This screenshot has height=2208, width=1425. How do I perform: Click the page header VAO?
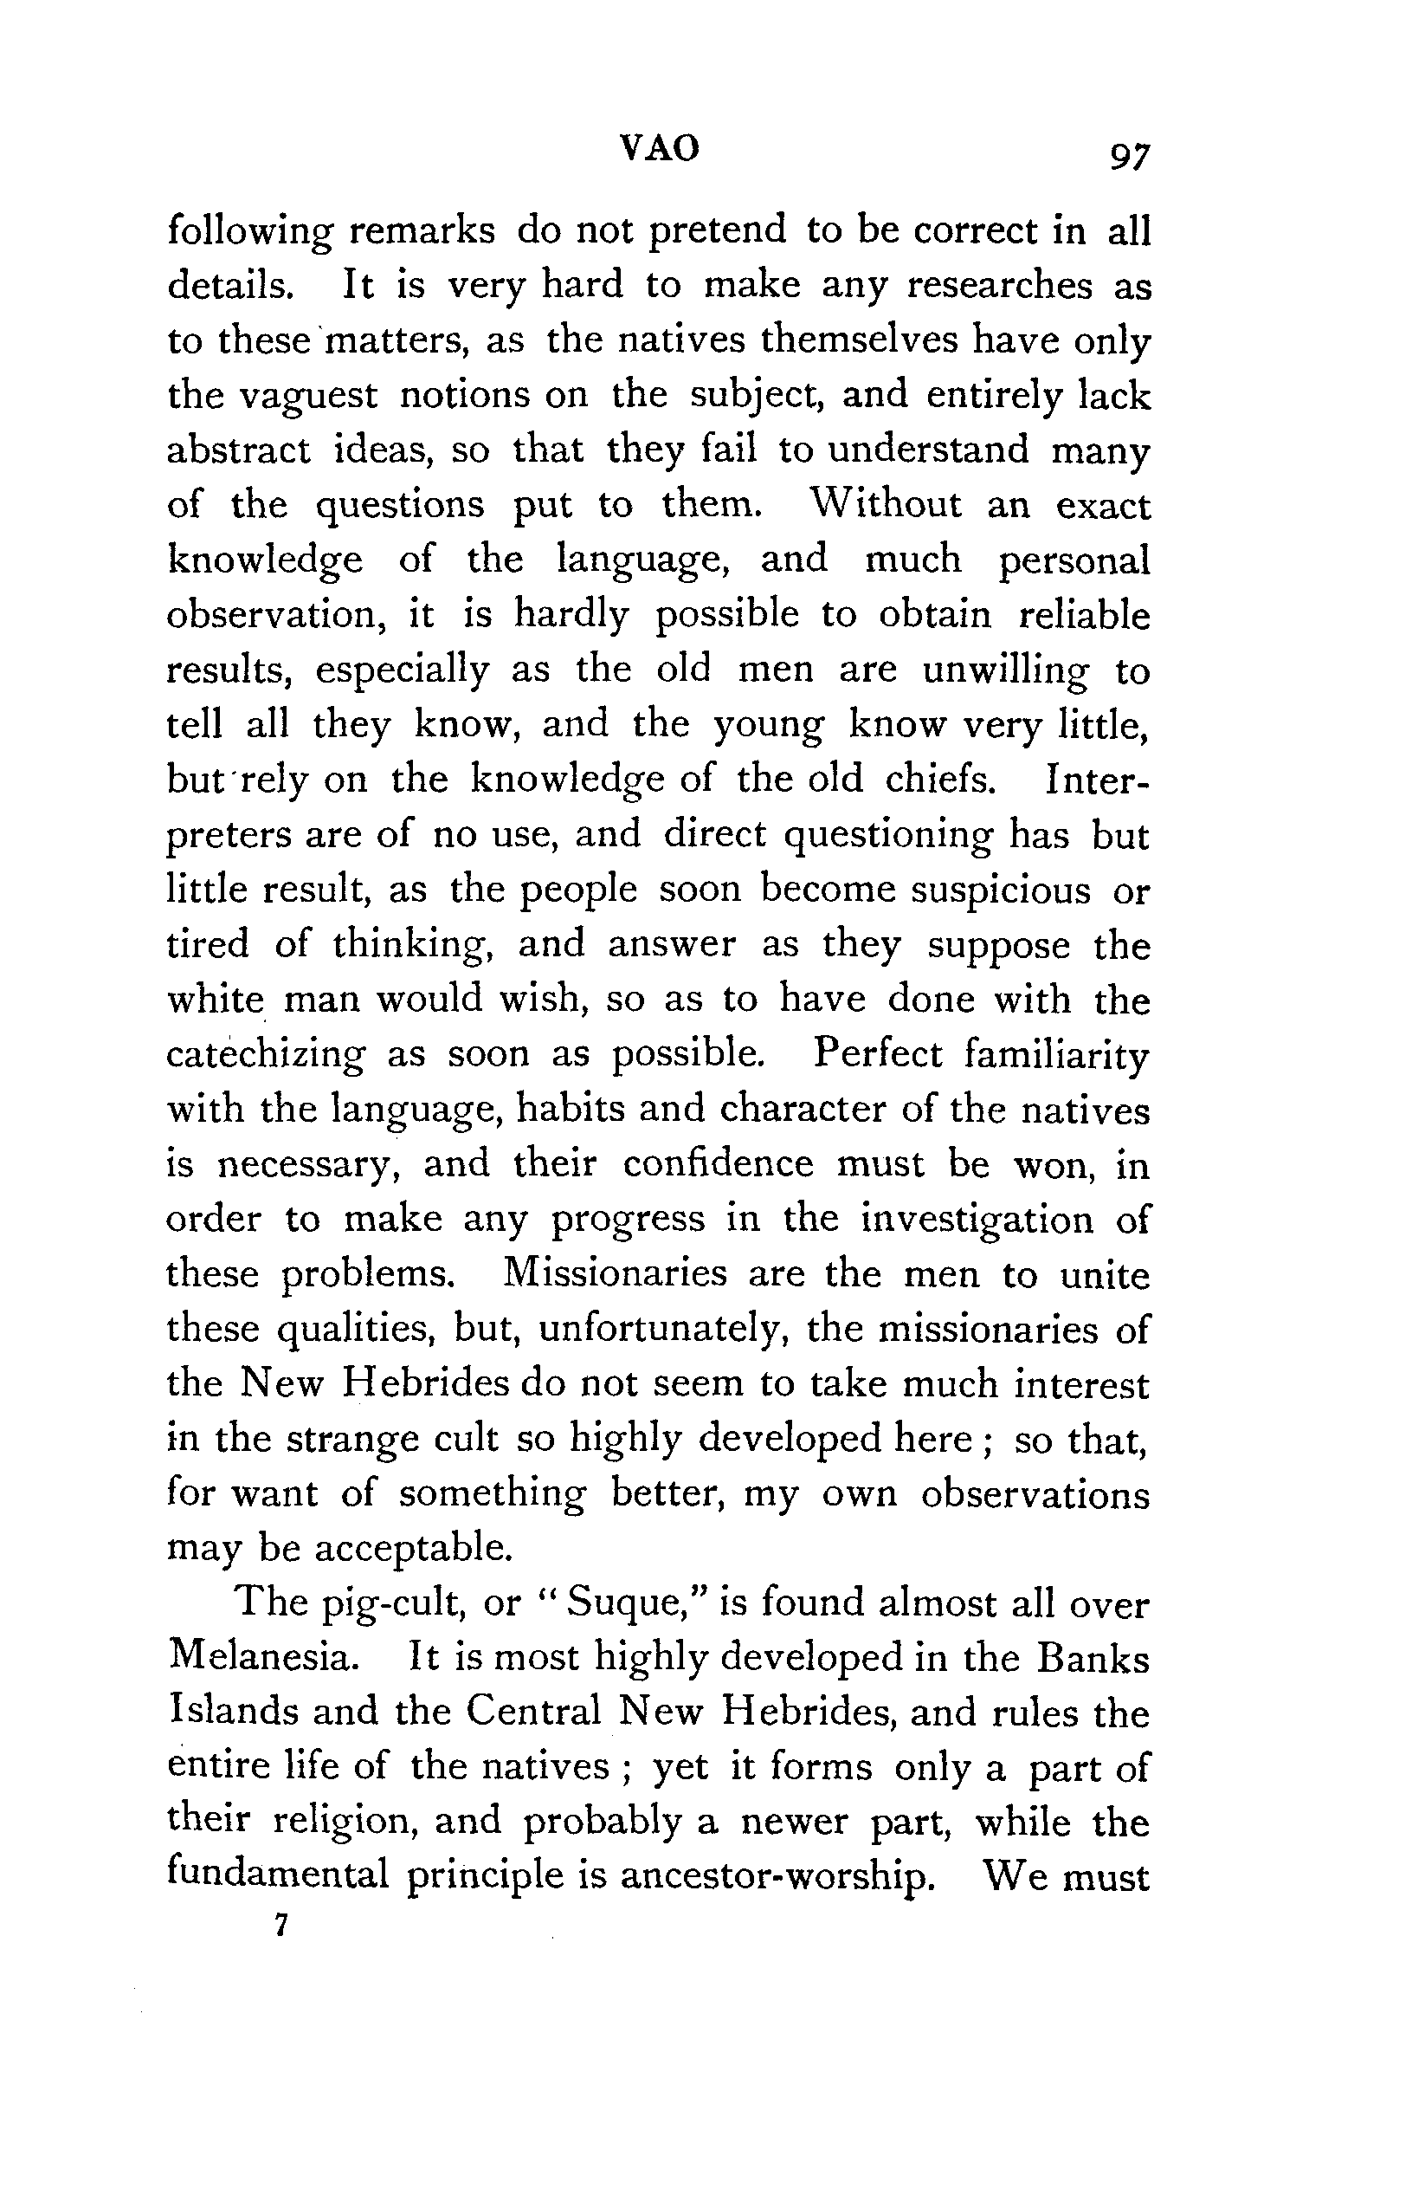coord(659,147)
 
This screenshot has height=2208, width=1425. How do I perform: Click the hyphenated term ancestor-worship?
coord(775,1875)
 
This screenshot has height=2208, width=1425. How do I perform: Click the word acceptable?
coord(413,1548)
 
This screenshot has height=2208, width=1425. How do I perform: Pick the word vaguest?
coord(308,396)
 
